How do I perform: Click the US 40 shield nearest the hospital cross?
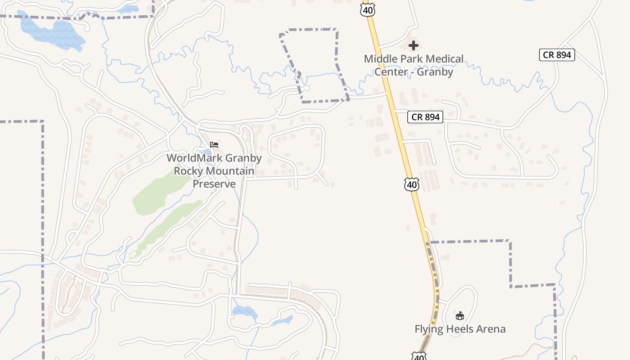(368, 9)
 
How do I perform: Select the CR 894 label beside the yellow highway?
(426, 117)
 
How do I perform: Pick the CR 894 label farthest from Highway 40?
(557, 55)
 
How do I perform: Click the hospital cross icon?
(414, 45)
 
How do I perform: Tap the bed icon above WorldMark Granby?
(214, 145)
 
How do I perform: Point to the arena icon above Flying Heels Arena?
(459, 315)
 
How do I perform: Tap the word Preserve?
(214, 184)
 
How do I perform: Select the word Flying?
(428, 329)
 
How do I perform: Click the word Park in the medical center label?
(411, 59)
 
